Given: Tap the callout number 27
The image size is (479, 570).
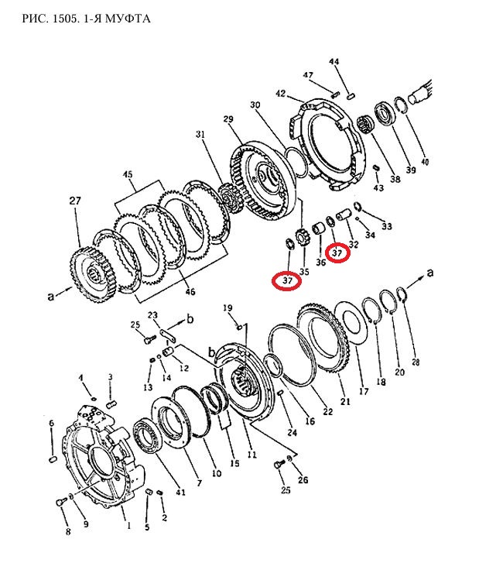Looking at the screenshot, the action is coord(75,201).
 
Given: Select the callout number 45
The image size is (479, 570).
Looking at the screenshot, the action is coord(128,174).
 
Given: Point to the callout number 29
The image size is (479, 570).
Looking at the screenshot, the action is coord(228,118).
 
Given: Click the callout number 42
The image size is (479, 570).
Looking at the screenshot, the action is coord(280,94).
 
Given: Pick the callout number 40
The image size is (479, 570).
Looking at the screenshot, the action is coord(424,161).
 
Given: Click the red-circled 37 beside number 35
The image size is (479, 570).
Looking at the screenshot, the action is coord(287,280).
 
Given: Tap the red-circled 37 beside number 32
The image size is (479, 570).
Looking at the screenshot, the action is coord(337,252).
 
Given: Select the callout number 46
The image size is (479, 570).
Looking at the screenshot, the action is coord(190,291).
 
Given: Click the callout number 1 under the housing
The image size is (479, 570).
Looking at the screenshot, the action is coord(128,525).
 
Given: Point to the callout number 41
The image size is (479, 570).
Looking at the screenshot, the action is coord(180,493).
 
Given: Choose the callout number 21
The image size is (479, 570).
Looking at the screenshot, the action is coord(345,401).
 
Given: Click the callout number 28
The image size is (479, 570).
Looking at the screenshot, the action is coord(416,362).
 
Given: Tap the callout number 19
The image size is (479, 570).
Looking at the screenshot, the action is coord(228,308).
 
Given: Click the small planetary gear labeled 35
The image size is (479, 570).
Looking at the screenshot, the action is coord(302,240).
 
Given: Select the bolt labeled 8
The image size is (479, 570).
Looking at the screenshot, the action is coord(60,502).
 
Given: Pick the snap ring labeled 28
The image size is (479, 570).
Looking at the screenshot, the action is coord(402,294).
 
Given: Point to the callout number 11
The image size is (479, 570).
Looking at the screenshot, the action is coord(251,455).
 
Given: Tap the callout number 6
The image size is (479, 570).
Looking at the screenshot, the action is coord(51,423).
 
